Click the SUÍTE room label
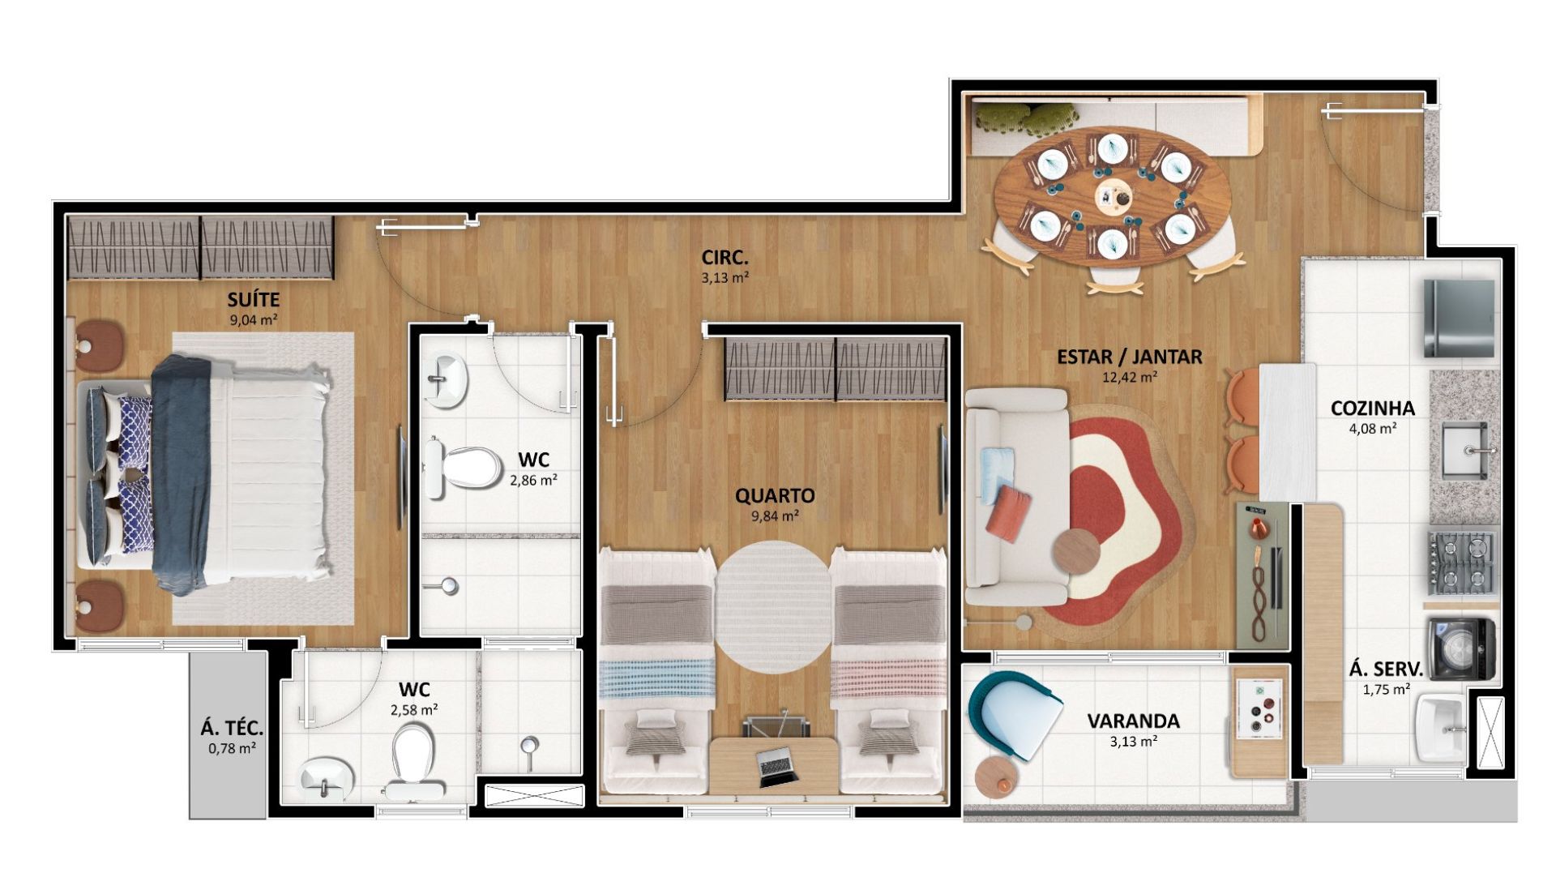click(x=254, y=302)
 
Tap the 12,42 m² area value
click(x=1129, y=376)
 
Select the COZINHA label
click(x=1372, y=409)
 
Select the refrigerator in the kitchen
click(x=1459, y=318)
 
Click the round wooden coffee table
click(x=1076, y=551)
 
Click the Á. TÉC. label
click(x=232, y=728)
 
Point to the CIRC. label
click(x=725, y=259)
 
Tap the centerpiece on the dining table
click(x=1111, y=195)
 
